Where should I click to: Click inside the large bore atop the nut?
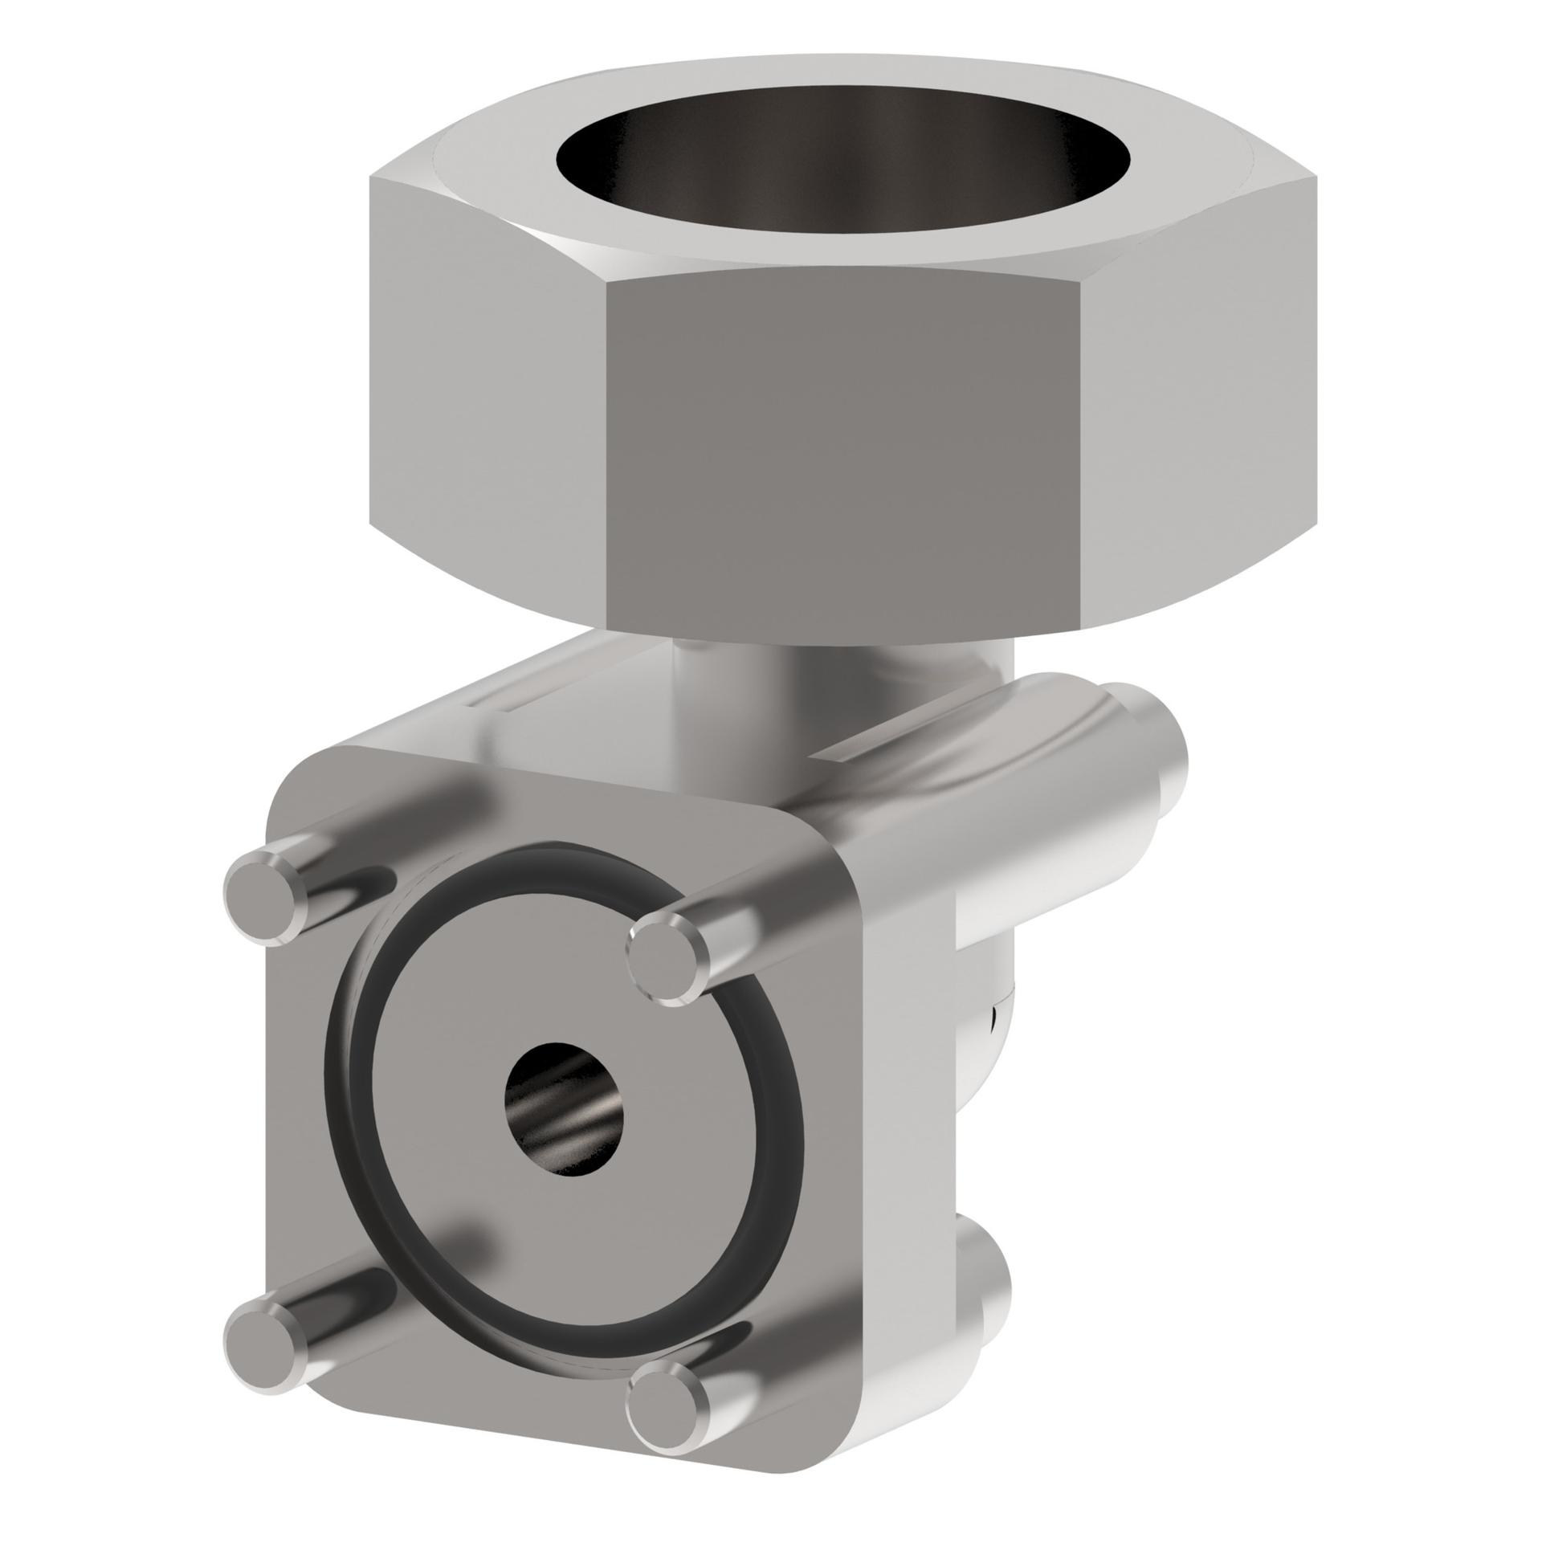point(843,177)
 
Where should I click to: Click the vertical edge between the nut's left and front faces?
point(607,450)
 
